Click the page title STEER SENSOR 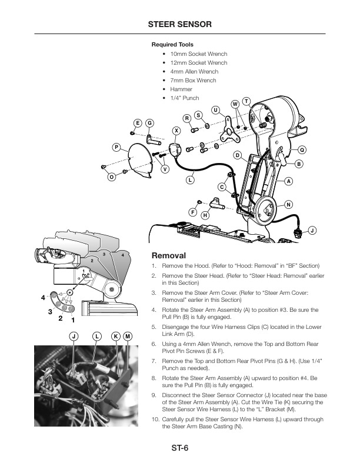[179, 24]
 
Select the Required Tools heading [172, 45]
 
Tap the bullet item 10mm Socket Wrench [198, 54]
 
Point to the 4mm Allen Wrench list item [194, 72]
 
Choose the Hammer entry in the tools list [181, 89]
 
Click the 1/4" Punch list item [184, 98]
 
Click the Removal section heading [169, 256]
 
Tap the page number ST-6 [179, 448]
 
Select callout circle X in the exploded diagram [176, 130]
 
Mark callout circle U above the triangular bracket [216, 110]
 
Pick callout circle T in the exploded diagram [246, 101]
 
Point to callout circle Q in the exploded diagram [302, 149]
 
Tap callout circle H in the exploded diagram [205, 215]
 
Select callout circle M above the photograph [128, 336]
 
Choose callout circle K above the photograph [116, 336]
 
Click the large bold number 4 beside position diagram [43, 298]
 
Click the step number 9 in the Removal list [154, 395]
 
